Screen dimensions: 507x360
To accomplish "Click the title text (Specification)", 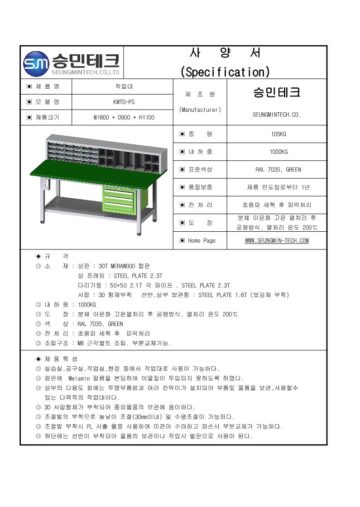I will [x=225, y=72].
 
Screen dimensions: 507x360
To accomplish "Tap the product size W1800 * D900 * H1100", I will [x=124, y=118].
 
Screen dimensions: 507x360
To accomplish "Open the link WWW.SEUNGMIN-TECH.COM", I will [x=277, y=240].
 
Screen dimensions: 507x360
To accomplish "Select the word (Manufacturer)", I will [x=200, y=110].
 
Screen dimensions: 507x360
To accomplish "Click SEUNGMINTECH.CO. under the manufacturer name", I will [x=276, y=115].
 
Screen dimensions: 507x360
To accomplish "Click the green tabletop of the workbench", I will [x=91, y=177].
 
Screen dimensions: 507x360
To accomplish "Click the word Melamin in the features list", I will [x=80, y=378].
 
